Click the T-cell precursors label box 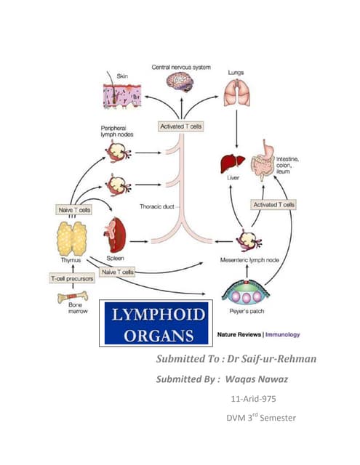(x=72, y=277)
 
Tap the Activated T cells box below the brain (x=180, y=126)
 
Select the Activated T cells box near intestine (x=273, y=205)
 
